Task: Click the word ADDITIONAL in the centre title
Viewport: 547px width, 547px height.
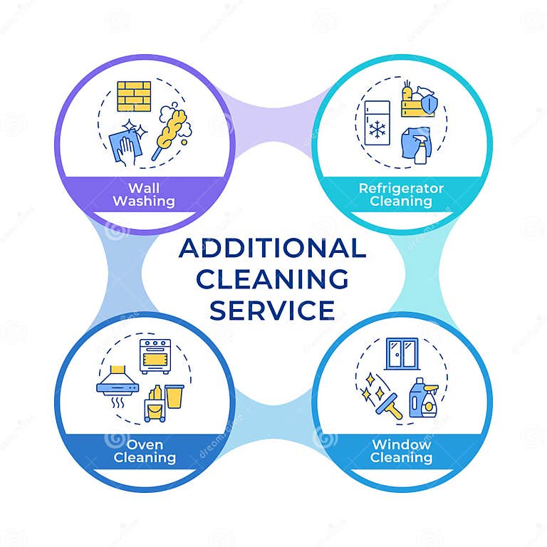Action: [273, 249]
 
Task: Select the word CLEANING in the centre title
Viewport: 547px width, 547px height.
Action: [273, 279]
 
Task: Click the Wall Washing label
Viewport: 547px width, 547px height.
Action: [143, 195]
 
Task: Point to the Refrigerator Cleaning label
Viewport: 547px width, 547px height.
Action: [401, 195]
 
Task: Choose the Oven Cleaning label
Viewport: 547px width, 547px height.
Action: [145, 451]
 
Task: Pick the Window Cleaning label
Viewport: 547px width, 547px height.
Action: [401, 451]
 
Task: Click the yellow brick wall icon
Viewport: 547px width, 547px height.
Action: [134, 97]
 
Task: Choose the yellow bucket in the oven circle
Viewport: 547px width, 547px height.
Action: [174, 396]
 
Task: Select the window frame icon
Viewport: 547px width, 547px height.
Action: [402, 354]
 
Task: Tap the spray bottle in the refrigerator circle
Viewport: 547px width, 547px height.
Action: [421, 148]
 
